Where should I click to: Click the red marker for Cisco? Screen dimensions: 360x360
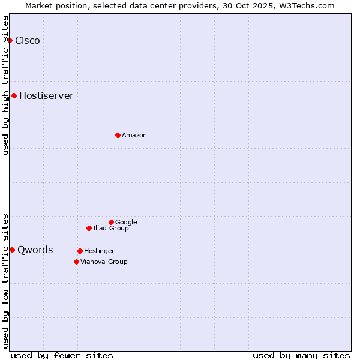[x=10, y=40]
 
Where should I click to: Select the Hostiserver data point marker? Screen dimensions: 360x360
[x=14, y=95]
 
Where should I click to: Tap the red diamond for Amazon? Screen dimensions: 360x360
[x=118, y=135]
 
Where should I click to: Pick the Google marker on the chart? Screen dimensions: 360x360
[x=111, y=222]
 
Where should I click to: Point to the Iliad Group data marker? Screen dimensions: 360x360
[x=89, y=228]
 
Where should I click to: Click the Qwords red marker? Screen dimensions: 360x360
[x=12, y=250]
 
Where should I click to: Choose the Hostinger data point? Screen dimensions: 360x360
[x=80, y=251]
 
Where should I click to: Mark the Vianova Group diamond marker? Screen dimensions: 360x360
[x=76, y=262]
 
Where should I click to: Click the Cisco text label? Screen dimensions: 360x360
[x=28, y=41]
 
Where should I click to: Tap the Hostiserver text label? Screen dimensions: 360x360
[x=46, y=96]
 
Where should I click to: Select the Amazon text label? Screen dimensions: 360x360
[x=134, y=136]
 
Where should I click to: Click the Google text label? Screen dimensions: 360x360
[x=126, y=223]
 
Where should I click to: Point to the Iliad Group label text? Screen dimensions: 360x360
[x=111, y=229]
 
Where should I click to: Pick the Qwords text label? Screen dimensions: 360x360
[x=35, y=250]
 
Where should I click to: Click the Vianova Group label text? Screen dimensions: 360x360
[x=104, y=262]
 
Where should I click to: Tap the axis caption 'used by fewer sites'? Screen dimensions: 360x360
[x=62, y=355]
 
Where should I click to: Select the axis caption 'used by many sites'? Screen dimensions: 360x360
[x=301, y=355]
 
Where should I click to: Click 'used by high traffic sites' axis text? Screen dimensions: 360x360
[x=5, y=85]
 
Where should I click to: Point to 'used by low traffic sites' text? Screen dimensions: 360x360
[x=5, y=280]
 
